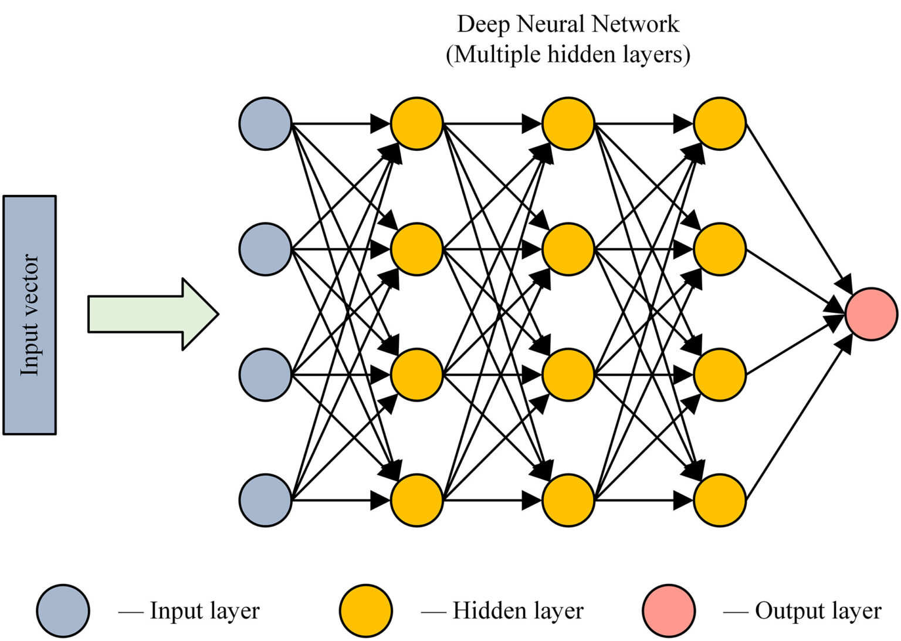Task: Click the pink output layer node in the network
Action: pyautogui.click(x=871, y=314)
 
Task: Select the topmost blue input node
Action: pyautogui.click(x=265, y=124)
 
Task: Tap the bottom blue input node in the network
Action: pyautogui.click(x=265, y=500)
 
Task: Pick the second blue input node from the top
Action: pyautogui.click(x=265, y=249)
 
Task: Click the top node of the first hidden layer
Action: pyautogui.click(x=416, y=124)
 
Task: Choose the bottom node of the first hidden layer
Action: pyautogui.click(x=416, y=500)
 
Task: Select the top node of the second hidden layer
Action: pyautogui.click(x=568, y=124)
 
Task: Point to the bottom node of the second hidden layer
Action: pyautogui.click(x=568, y=500)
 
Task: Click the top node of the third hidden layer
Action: pyautogui.click(x=719, y=124)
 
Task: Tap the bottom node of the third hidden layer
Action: pyautogui.click(x=719, y=500)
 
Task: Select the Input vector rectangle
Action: pyautogui.click(x=29, y=315)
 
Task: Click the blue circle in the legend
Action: pyautogui.click(x=63, y=610)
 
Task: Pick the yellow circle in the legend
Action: pyautogui.click(x=365, y=610)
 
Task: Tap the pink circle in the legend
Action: pyautogui.click(x=669, y=610)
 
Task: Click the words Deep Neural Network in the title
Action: pyautogui.click(x=568, y=25)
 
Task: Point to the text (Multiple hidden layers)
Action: pyautogui.click(x=568, y=55)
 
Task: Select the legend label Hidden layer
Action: pyautogui.click(x=518, y=610)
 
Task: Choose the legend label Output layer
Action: pyautogui.click(x=818, y=610)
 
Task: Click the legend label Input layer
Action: pyautogui.click(x=204, y=610)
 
